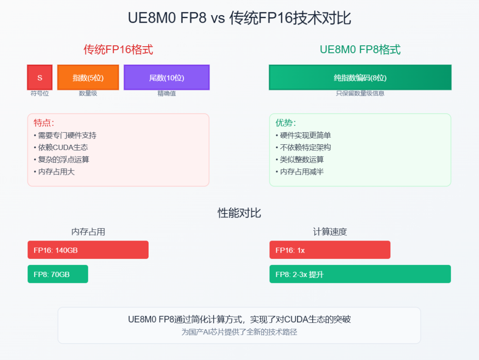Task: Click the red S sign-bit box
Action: (x=40, y=77)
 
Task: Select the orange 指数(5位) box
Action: (x=88, y=77)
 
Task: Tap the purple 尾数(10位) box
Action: (x=166, y=77)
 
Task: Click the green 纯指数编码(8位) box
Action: (x=360, y=77)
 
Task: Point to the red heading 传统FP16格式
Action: (x=118, y=50)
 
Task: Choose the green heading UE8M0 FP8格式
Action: (x=360, y=50)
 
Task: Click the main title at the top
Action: (x=239, y=18)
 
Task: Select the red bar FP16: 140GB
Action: (x=88, y=250)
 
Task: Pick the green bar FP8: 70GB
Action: (x=58, y=274)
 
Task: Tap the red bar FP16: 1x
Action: (x=330, y=250)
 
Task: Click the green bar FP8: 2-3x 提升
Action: (x=360, y=274)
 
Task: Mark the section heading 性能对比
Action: (x=239, y=213)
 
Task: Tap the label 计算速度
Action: (x=330, y=232)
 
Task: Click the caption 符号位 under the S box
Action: (x=40, y=93)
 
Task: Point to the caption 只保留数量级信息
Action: (x=360, y=93)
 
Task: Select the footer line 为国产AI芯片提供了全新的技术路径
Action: (x=239, y=332)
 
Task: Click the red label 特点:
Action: (x=43, y=123)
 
